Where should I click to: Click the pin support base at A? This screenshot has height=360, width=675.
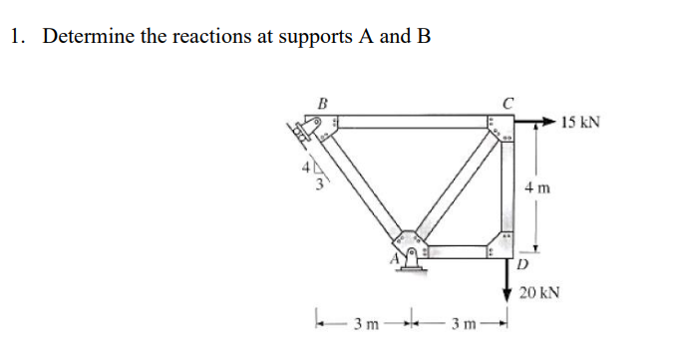point(409,265)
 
